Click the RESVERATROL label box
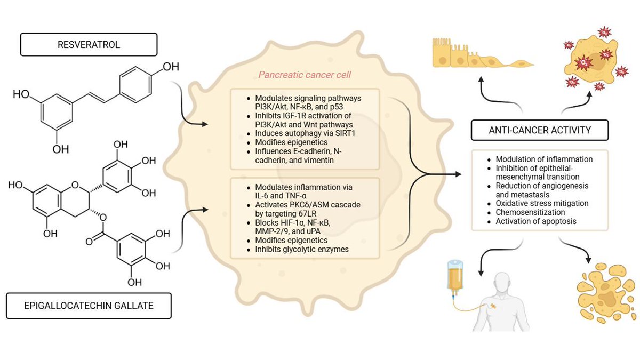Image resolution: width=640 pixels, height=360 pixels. [89, 45]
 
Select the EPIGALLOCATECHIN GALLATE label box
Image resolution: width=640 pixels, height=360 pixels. [89, 305]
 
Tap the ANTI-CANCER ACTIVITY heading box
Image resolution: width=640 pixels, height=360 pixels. [539, 129]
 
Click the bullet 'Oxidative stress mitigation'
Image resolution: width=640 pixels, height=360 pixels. [542, 203]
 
